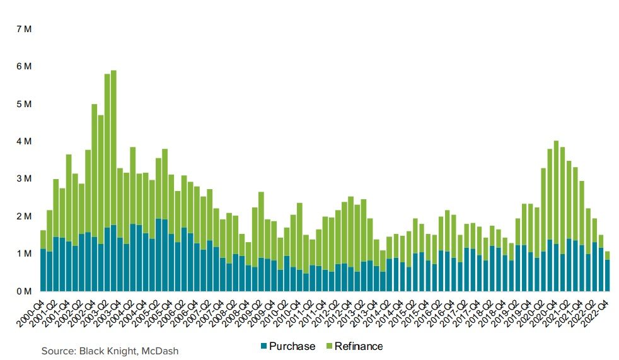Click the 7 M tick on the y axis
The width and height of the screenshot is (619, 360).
click(23, 29)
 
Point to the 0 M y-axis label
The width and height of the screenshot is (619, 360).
click(23, 291)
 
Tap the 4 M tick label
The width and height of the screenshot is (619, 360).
click(23, 141)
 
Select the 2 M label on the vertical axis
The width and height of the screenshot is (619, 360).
click(23, 216)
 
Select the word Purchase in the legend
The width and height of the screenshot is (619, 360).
click(292, 346)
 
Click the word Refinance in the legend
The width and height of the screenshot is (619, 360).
click(359, 346)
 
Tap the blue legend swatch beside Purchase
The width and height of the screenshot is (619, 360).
click(263, 346)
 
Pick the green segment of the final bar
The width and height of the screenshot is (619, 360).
click(607, 255)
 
